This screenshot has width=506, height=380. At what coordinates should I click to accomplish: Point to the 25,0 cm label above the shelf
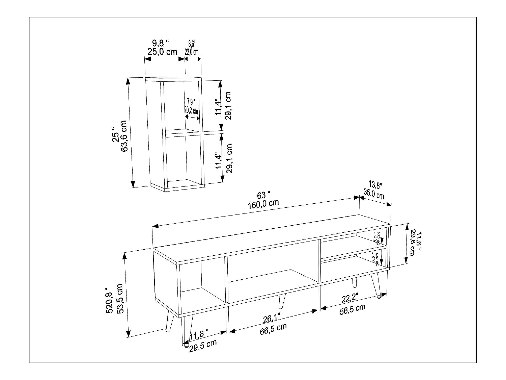pyautogui.click(x=162, y=52)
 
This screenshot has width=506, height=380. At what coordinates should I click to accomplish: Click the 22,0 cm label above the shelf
pyautogui.click(x=192, y=52)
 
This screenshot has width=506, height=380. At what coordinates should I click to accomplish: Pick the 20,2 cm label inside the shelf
pyautogui.click(x=191, y=110)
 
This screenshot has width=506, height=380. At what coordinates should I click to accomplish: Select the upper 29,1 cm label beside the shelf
pyautogui.click(x=228, y=105)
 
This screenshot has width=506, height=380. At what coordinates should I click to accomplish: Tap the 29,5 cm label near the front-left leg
pyautogui.click(x=203, y=346)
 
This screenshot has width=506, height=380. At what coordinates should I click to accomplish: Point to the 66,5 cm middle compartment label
pyautogui.click(x=273, y=328)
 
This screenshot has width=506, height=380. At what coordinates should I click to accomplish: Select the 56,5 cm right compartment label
pyautogui.click(x=352, y=309)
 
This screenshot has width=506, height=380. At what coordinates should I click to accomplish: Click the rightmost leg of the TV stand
pyautogui.click(x=377, y=285)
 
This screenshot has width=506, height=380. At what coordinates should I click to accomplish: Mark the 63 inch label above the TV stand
pyautogui.click(x=263, y=195)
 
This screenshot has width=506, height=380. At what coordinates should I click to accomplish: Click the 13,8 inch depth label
pyautogui.click(x=375, y=185)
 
